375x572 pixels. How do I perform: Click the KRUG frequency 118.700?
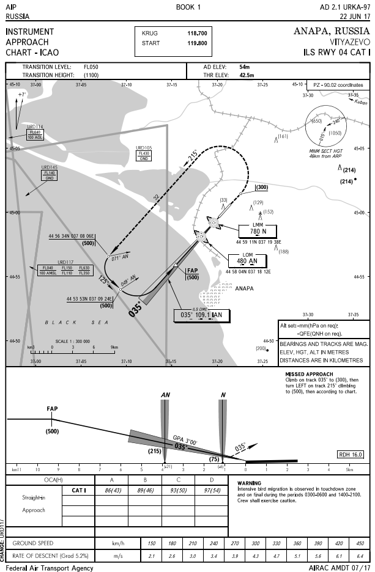click(x=197, y=33)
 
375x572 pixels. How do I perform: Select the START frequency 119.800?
click(x=197, y=43)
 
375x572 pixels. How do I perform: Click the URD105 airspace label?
click(x=144, y=147)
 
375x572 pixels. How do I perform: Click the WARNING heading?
click(x=250, y=483)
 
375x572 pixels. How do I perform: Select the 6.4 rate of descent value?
click(x=360, y=555)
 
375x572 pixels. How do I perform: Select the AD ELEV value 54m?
click(x=244, y=66)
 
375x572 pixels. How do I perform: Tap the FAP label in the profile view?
click(x=52, y=408)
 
